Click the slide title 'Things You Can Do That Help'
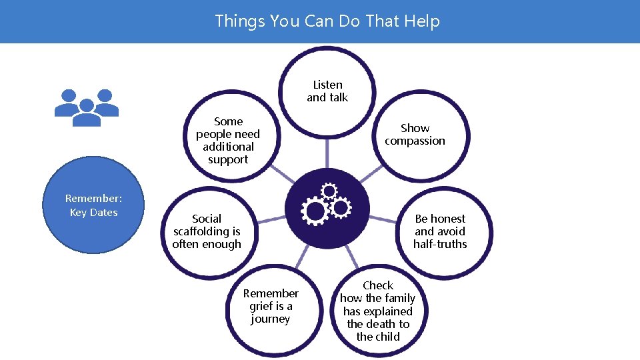327,21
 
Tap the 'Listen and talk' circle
327,91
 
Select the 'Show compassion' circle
415,134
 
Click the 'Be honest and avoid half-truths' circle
440,231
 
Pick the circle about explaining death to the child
378,311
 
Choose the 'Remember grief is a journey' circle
271,306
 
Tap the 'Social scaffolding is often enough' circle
207,231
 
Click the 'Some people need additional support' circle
228,141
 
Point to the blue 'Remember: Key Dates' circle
93,206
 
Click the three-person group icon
86,107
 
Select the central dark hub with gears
327,209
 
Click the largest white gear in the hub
314,212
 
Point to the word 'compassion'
415,141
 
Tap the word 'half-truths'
440,244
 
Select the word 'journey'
271,319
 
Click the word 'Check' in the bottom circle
378,285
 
